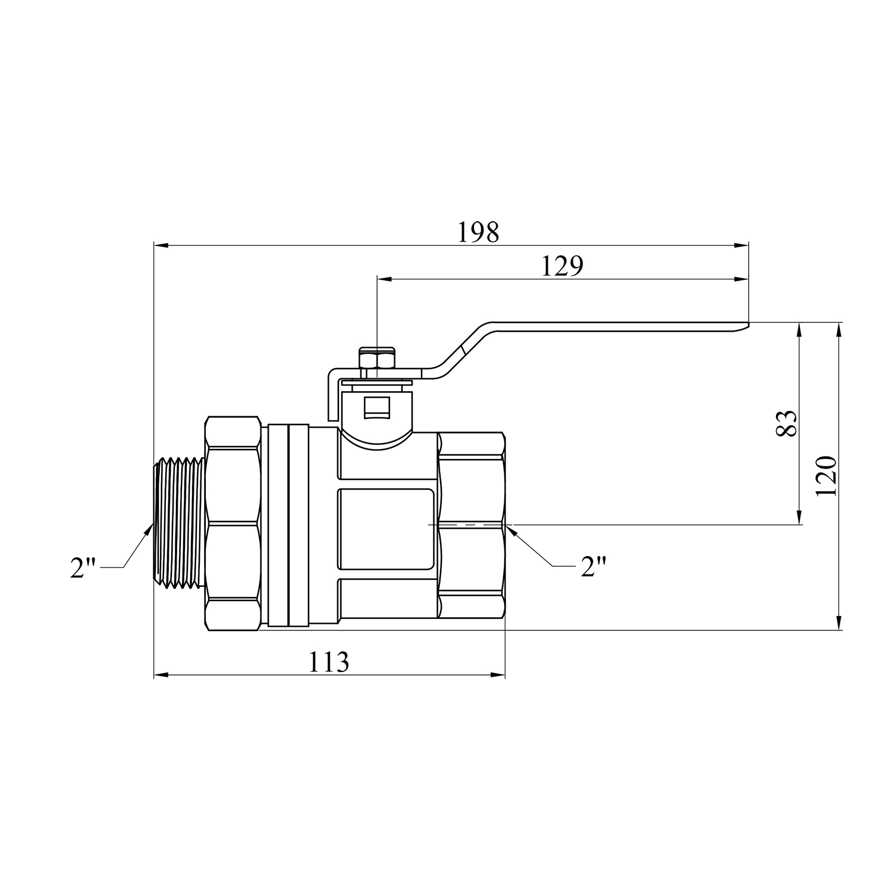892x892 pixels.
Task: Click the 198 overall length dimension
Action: coord(478,233)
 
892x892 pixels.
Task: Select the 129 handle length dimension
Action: coord(562,266)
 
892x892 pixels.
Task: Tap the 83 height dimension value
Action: coord(786,423)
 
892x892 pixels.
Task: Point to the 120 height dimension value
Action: coord(827,476)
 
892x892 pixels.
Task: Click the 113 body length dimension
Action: coord(329,662)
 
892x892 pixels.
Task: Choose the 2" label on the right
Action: coord(593,567)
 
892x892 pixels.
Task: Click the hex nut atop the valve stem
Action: coord(377,360)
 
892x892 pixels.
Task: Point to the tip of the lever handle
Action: coord(748,325)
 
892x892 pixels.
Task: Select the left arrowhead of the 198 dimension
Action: coord(161,244)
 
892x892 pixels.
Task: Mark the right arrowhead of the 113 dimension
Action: coord(498,675)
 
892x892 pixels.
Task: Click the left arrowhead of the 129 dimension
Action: coord(384,278)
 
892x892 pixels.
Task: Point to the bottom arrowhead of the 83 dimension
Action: coord(800,518)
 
